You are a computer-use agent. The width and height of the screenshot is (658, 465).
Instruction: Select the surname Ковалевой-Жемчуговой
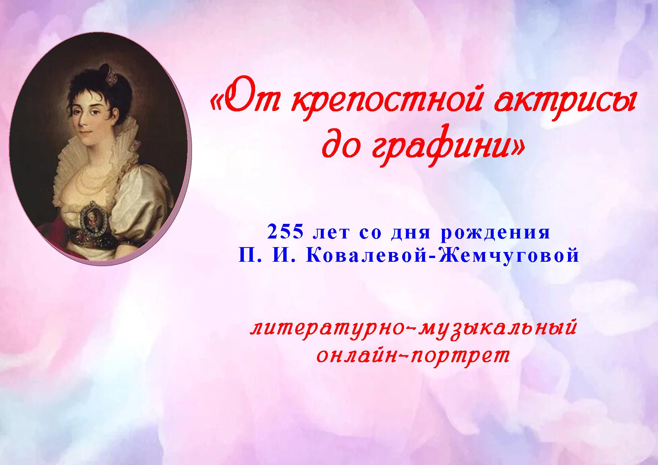pyautogui.click(x=443, y=256)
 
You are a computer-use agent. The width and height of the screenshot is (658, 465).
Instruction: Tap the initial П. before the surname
pyautogui.click(x=248, y=256)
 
